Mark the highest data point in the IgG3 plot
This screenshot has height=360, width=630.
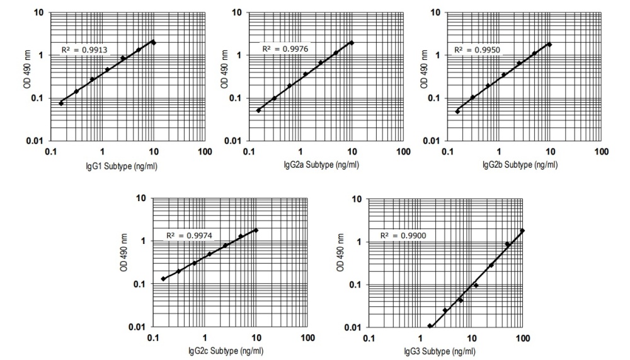coord(522,231)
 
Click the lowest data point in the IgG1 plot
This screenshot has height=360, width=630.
coord(61,103)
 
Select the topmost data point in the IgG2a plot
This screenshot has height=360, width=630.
coord(352,43)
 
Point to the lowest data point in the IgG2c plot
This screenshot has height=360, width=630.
coord(163,279)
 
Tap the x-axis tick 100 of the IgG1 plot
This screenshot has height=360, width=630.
coord(204,153)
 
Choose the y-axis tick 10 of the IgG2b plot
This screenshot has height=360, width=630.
coord(434,11)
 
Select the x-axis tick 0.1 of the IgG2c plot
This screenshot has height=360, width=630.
coord(152,339)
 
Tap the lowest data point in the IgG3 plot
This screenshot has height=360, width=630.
coord(430,326)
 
